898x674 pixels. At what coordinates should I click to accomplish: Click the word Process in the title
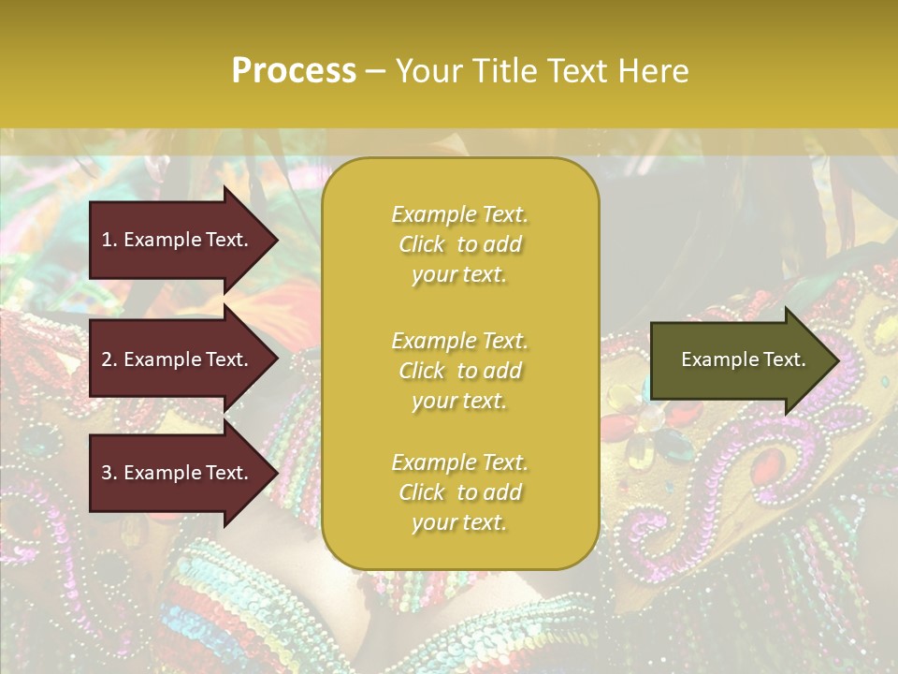point(294,71)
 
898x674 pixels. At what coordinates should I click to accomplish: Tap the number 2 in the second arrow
point(106,359)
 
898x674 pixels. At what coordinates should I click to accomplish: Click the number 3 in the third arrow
point(106,473)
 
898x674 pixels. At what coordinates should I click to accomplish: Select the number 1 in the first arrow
point(106,240)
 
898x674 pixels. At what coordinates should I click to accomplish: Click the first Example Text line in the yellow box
point(459,214)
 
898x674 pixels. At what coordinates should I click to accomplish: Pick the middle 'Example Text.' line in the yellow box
point(459,341)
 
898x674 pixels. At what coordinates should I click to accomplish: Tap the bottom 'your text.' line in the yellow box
point(459,522)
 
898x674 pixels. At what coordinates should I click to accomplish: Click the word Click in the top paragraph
point(421,244)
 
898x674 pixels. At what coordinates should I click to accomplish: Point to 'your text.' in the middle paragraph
point(459,401)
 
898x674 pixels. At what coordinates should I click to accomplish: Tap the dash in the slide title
point(376,71)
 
